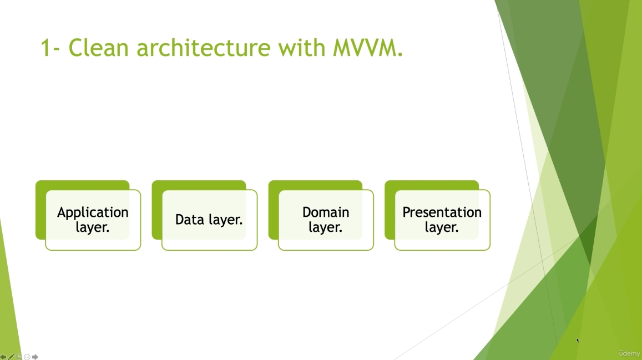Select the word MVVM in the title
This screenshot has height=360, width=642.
(x=366, y=48)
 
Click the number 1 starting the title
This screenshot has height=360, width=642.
(x=47, y=48)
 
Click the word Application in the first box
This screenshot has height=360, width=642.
(x=93, y=212)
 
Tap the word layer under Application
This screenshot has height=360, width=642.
(x=93, y=227)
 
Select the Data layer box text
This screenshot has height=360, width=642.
(x=209, y=220)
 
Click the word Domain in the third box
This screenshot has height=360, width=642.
(x=326, y=212)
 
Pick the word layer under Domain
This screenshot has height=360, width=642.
(x=326, y=227)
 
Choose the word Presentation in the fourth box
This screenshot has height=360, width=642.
(x=442, y=212)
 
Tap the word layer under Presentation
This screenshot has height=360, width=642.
(x=442, y=227)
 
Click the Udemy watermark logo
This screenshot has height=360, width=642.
(x=629, y=353)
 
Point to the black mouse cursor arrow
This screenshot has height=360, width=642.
(x=578, y=340)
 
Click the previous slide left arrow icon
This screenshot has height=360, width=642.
(x=3, y=357)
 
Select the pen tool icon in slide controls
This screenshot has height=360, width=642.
(x=11, y=357)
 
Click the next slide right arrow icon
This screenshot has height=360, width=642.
(x=36, y=357)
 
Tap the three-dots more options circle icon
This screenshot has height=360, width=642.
(x=27, y=357)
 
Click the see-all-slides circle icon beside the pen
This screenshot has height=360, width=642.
(x=19, y=357)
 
